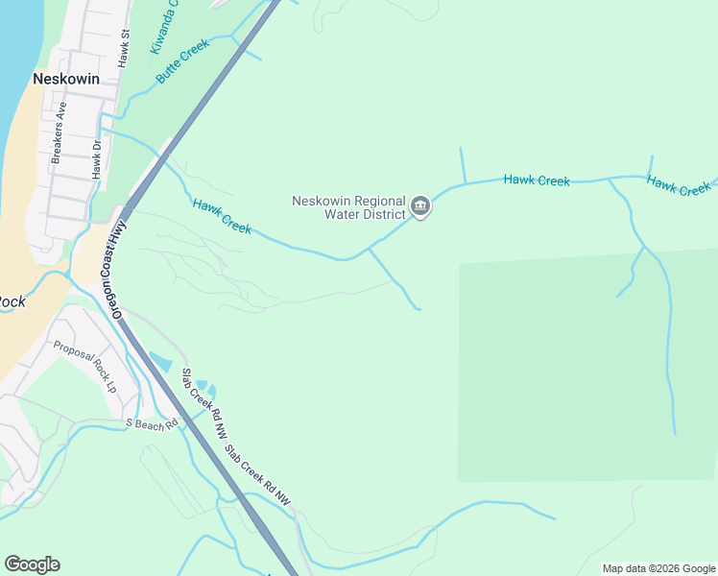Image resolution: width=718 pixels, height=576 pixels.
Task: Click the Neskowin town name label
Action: [66, 80]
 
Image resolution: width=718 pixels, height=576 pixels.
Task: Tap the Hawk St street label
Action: [124, 48]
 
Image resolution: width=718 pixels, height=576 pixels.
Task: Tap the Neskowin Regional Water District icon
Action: [420, 206]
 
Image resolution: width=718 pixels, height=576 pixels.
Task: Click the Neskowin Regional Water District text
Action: [348, 207]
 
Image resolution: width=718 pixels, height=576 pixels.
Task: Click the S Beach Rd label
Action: [153, 422]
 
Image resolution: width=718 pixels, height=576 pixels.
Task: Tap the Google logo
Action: [32, 564]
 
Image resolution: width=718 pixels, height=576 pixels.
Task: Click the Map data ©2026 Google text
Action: [658, 568]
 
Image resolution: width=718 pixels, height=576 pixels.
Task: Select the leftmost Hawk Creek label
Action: [222, 216]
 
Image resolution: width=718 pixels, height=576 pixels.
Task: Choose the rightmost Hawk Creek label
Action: [678, 185]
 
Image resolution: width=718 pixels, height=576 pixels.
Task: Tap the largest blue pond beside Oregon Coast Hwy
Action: [159, 362]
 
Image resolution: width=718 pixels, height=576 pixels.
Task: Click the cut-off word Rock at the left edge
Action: [12, 301]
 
